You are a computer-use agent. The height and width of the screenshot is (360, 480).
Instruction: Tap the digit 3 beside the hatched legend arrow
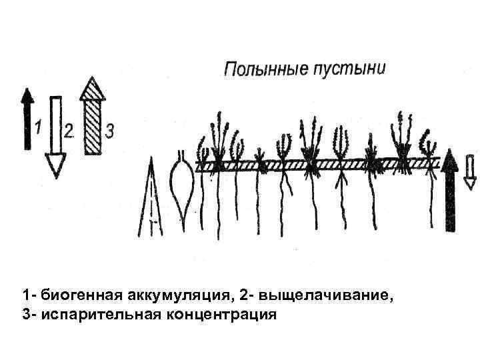[x=109, y=131]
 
